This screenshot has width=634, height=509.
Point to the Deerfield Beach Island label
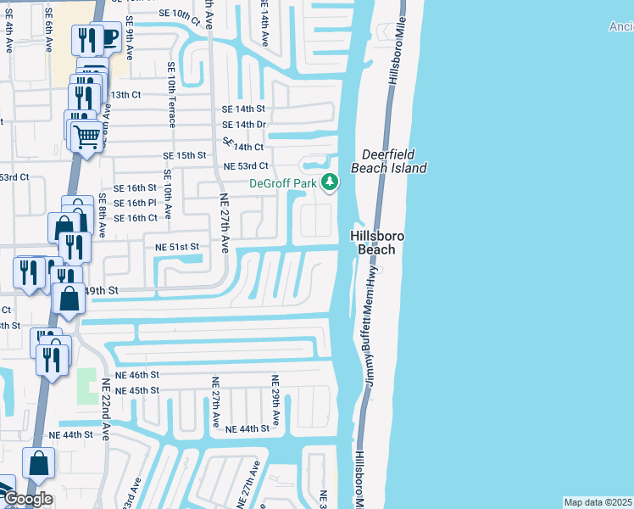394,161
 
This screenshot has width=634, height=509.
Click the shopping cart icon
86,135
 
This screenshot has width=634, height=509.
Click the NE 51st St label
176,246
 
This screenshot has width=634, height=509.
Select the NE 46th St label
136,374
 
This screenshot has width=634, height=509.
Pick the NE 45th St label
136,390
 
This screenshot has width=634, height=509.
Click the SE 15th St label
185,155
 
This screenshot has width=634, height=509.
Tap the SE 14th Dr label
244,125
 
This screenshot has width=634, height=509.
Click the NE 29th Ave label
275,401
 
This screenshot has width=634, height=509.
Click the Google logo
27,498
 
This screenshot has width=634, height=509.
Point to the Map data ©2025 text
598,502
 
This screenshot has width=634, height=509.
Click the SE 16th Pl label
135,203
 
